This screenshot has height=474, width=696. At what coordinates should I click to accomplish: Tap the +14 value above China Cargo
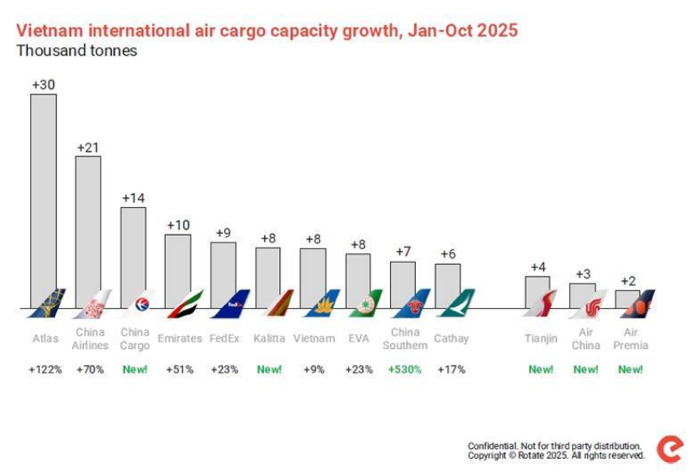click(x=133, y=198)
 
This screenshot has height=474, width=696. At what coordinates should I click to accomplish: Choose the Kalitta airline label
click(x=269, y=338)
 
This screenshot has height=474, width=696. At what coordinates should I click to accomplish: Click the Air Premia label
click(x=631, y=339)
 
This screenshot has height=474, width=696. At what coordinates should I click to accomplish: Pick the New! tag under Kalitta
click(x=268, y=369)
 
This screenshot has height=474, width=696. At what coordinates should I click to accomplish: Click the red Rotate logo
click(x=670, y=449)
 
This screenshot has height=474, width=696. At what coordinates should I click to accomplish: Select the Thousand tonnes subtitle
click(x=76, y=51)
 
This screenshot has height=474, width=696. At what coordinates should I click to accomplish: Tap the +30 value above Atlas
click(x=44, y=85)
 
